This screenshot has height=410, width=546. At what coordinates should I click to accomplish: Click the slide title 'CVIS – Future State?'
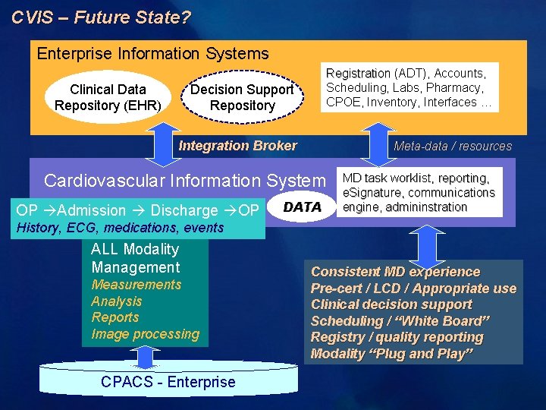(101, 16)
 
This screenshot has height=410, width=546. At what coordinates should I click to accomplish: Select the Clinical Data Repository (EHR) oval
(108, 97)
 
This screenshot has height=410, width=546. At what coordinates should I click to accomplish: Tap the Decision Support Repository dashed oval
(242, 97)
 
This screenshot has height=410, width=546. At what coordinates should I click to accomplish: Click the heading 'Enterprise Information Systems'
(152, 53)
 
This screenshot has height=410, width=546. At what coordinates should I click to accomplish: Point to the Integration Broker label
(237, 146)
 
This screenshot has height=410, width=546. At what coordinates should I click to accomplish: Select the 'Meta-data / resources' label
(453, 147)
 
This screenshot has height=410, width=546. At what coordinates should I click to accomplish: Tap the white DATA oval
(302, 207)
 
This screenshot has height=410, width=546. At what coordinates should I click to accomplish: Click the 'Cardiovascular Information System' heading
(184, 181)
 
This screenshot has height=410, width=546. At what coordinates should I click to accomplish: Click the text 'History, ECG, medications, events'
(120, 228)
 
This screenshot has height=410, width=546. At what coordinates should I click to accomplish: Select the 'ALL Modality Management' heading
(135, 258)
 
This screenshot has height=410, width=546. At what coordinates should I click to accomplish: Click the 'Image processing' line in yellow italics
(145, 334)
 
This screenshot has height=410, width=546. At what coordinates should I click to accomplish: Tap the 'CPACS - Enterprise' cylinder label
(168, 382)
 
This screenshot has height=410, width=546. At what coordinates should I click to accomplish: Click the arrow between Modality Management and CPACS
(143, 356)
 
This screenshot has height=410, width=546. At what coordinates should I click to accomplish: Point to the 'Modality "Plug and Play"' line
(392, 354)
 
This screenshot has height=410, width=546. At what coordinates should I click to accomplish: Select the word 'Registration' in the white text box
(358, 74)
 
